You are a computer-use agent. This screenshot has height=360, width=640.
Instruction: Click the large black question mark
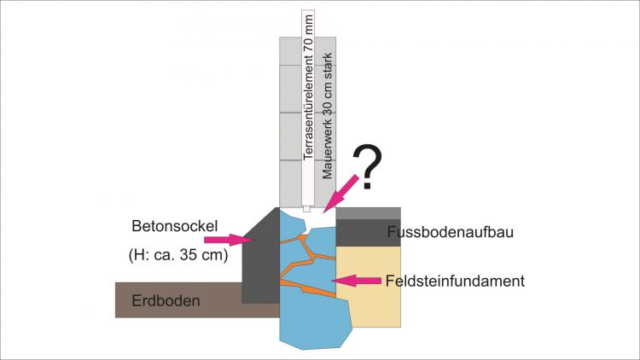tap(368, 167)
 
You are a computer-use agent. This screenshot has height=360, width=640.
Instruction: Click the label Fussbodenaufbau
tap(448, 232)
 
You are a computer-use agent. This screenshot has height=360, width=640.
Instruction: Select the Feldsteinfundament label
tap(454, 280)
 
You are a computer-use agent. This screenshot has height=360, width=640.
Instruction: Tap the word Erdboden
tap(166, 300)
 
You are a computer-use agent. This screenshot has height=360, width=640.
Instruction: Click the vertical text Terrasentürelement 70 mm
tap(308, 94)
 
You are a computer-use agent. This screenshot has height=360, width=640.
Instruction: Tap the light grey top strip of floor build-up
tap(368, 213)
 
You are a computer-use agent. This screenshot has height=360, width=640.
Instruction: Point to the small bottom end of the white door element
tap(306, 209)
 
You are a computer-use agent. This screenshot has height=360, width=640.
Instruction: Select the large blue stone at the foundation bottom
tap(316, 320)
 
